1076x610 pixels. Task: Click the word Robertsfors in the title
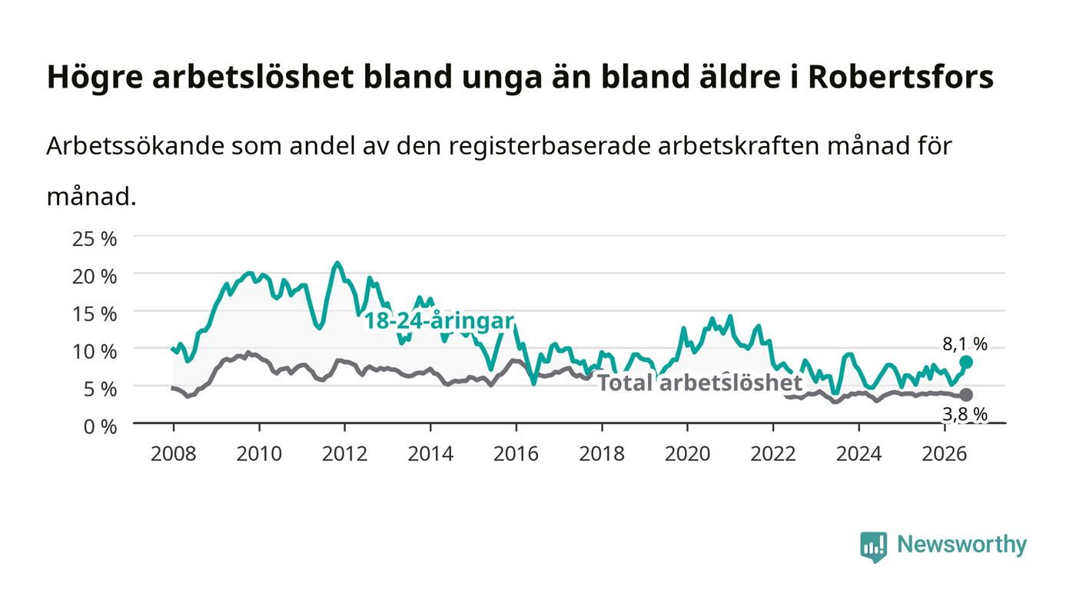point(901,77)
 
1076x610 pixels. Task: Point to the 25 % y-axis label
point(94,239)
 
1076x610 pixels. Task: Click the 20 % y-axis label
point(94,277)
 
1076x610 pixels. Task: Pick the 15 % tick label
point(94,314)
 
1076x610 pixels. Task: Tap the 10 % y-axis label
point(94,352)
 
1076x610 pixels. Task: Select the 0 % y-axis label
point(100,426)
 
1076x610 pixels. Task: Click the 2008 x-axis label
point(174,454)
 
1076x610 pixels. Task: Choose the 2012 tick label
point(344,454)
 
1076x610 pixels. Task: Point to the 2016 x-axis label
point(516,454)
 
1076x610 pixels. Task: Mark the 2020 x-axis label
point(687,454)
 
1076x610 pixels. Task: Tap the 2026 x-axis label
point(945,454)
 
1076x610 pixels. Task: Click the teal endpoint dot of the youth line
point(966,362)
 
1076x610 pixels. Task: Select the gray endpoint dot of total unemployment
point(966,395)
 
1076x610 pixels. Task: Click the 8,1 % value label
point(965,344)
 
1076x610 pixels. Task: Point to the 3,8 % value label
point(965,414)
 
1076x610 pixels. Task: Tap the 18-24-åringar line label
point(439,321)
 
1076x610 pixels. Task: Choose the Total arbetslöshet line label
point(700,383)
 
